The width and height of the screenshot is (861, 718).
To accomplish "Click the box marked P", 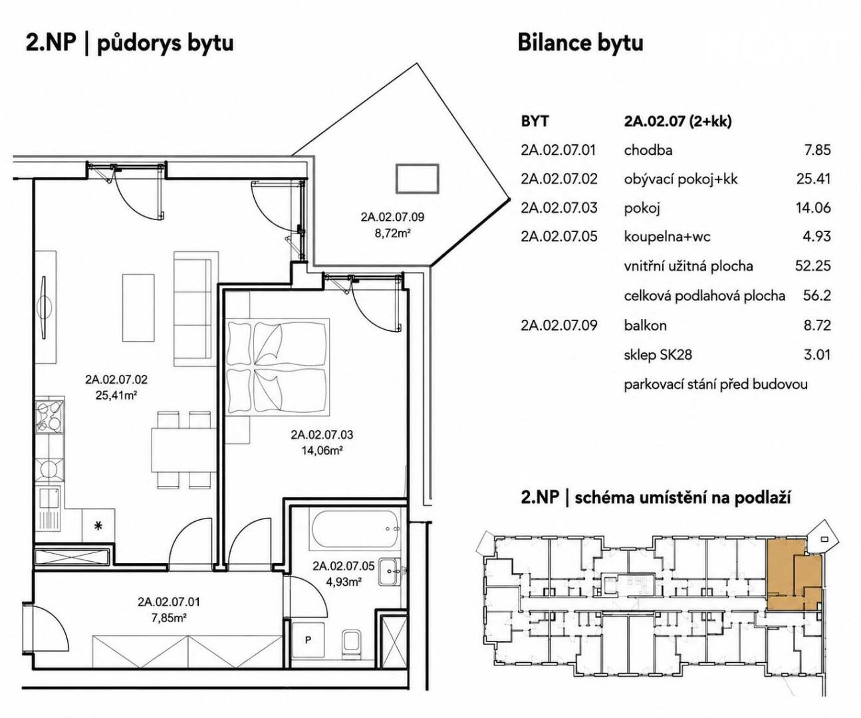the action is pos(308,641).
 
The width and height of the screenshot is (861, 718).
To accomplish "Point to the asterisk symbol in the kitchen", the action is pos(98,525).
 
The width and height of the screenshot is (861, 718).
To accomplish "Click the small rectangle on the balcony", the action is pos(418,179).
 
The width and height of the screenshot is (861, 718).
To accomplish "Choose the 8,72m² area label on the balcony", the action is pos(392,233).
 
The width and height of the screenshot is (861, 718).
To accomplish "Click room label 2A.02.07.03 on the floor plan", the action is pos(322,435).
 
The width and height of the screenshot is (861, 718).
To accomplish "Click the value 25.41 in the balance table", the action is pos(813,179).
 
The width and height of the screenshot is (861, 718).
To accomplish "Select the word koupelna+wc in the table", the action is pos(668,237).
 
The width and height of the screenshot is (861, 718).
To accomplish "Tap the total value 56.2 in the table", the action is pos(816,296).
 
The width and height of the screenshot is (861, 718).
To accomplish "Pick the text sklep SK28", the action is pos(658,354).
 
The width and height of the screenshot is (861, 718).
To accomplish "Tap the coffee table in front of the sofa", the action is pos(138,308).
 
